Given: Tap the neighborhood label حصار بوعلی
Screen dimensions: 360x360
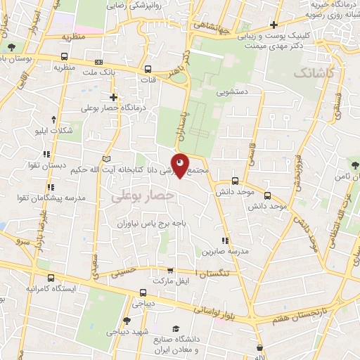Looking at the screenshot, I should pos(142,197).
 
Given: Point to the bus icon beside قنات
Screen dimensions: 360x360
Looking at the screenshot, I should pos(148,69).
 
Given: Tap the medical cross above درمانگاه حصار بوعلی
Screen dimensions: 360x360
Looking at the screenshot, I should pos(113,96).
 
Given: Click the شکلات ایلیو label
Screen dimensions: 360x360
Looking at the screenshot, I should pos(54,131).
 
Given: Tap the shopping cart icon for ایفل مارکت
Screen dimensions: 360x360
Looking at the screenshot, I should pos(169,270).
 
